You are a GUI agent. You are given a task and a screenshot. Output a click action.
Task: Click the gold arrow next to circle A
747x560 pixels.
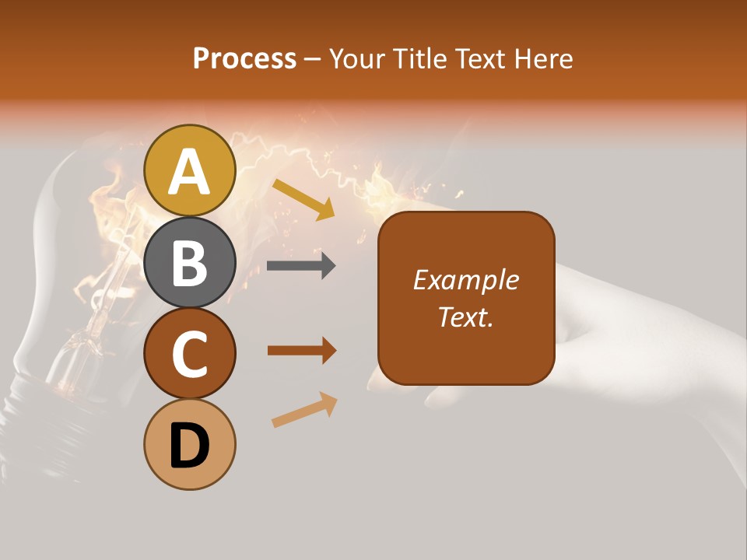pyautogui.click(x=303, y=199)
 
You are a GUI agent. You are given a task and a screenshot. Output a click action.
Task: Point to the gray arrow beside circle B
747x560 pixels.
pyautogui.click(x=301, y=265)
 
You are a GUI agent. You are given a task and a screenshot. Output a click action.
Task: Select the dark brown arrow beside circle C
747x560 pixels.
pyautogui.click(x=302, y=350)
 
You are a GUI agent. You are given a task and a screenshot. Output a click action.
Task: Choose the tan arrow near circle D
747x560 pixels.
pyautogui.click(x=304, y=411)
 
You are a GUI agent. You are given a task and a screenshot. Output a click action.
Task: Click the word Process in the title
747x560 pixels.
pyautogui.click(x=244, y=59)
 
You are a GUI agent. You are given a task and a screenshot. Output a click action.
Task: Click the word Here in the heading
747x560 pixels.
pyautogui.click(x=544, y=59)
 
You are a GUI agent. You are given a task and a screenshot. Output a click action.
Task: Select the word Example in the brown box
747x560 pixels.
pyautogui.click(x=466, y=280)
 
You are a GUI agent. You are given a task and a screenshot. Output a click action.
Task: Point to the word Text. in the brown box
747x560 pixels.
pyautogui.click(x=466, y=317)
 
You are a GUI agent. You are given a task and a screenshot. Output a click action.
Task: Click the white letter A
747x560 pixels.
pyautogui.click(x=190, y=172)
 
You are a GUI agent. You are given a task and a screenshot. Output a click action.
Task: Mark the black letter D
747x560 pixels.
pyautogui.click(x=190, y=446)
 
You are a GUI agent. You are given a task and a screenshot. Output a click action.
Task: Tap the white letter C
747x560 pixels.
pyautogui.click(x=190, y=354)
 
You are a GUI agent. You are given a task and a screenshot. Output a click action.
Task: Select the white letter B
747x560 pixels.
pyautogui.click(x=190, y=263)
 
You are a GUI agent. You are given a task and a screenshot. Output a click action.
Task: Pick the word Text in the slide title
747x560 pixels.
pyautogui.click(x=480, y=59)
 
